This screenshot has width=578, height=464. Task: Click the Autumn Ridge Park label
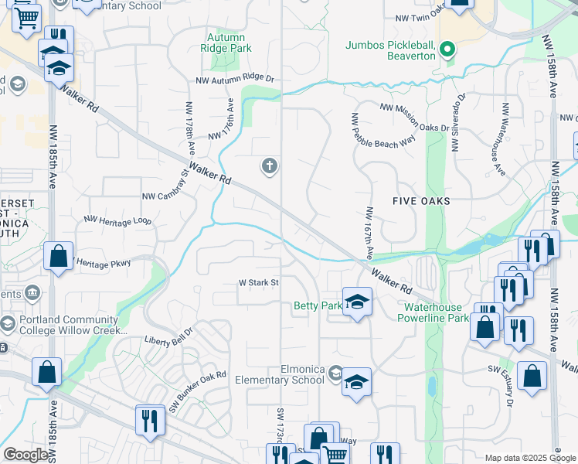[x=226, y=43]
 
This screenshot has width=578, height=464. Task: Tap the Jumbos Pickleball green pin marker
[x=447, y=52]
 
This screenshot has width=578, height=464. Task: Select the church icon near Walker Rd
[x=269, y=165]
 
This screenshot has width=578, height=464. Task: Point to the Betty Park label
[x=317, y=306]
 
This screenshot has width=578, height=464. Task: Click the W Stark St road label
[x=258, y=283]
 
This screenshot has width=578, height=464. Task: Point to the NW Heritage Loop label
[x=117, y=220]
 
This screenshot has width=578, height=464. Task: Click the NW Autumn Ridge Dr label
[x=235, y=80]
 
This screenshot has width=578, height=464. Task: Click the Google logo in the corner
[x=26, y=455]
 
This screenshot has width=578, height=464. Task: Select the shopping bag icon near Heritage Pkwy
[x=59, y=256]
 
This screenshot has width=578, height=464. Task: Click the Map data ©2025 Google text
[x=530, y=458]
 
